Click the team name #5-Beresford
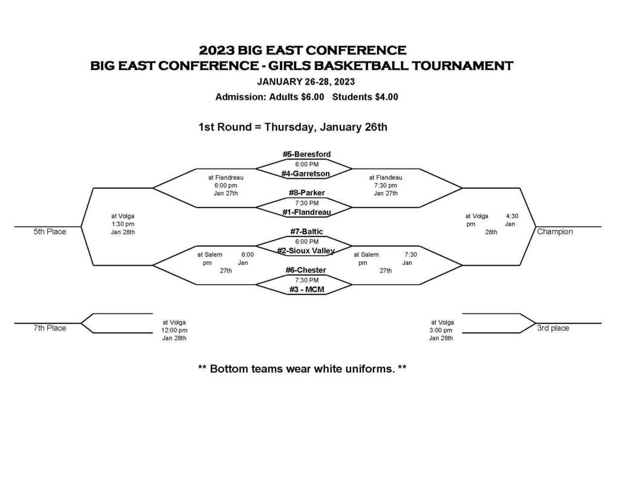click(306, 154)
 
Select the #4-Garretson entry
click(305, 173)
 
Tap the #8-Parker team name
click(306, 193)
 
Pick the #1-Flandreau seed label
click(306, 212)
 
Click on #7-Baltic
click(306, 231)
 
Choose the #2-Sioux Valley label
click(306, 251)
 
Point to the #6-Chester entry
click(306, 270)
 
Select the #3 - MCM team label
click(306, 289)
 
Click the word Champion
click(555, 231)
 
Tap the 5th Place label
click(50, 231)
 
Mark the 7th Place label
click(50, 328)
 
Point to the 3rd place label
click(553, 328)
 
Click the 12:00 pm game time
click(174, 331)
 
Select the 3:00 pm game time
click(441, 331)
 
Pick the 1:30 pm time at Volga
click(123, 224)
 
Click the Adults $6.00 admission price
click(296, 97)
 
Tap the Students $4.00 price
click(365, 97)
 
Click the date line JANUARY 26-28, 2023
click(306, 82)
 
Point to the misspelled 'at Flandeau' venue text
click(386, 178)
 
